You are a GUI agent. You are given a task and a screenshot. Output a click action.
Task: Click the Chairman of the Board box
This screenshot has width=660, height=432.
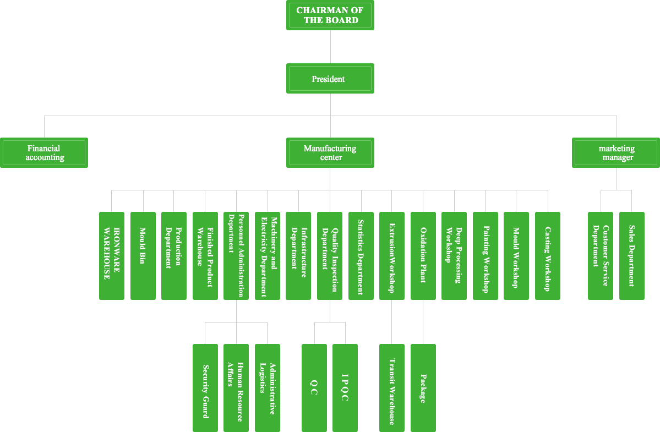(330, 15)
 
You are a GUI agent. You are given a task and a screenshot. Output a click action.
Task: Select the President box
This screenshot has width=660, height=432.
(330, 79)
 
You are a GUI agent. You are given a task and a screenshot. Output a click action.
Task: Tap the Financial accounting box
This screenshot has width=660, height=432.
(44, 152)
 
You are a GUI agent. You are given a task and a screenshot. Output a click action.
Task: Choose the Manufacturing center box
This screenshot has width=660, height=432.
(330, 152)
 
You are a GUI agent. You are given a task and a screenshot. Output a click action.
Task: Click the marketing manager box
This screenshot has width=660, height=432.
(616, 152)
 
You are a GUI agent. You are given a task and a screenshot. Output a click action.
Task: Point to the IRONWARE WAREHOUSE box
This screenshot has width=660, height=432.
(112, 255)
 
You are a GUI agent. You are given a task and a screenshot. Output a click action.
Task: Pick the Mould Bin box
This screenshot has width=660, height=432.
(143, 255)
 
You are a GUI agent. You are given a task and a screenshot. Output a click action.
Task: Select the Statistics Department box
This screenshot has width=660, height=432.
(361, 255)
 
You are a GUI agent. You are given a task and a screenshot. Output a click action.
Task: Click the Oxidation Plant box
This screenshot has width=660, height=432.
(423, 255)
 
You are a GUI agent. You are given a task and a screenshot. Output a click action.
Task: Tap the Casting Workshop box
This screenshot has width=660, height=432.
(547, 255)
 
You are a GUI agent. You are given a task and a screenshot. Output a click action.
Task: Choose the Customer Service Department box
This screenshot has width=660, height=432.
(600, 255)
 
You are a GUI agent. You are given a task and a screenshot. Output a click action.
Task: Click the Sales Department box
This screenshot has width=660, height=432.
(631, 255)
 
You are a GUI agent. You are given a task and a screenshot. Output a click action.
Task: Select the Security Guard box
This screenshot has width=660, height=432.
(205, 387)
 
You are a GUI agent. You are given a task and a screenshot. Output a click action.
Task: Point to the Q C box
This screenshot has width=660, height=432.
(314, 387)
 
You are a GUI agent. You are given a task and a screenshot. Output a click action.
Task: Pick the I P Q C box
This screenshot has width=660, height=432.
(345, 387)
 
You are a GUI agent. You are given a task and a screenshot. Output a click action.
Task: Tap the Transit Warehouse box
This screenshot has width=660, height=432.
(391, 387)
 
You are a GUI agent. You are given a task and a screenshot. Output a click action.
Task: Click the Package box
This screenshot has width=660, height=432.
(423, 387)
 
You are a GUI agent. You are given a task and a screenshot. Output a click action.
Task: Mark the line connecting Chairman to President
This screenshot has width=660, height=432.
(330, 47)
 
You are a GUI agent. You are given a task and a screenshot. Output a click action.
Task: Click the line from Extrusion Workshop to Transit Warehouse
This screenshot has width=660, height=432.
(391, 322)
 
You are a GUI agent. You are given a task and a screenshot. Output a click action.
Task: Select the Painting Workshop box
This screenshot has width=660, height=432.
(485, 255)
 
